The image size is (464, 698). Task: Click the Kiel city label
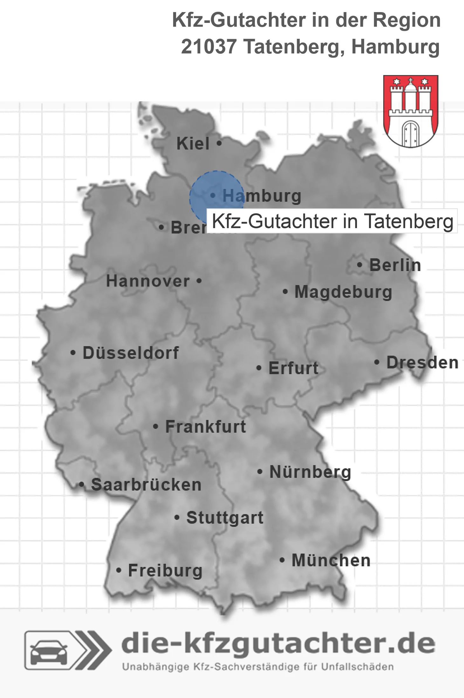(x=193, y=144)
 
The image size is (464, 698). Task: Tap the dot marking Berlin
(x=360, y=265)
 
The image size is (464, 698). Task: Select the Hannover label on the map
(x=148, y=281)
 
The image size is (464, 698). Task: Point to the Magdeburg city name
(x=343, y=292)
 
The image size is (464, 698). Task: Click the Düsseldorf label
(x=131, y=353)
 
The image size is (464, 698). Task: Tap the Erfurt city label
(x=293, y=368)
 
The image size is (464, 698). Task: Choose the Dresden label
(x=422, y=363)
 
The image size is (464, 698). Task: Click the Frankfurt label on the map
(x=206, y=427)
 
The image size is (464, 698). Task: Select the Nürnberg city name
(x=310, y=472)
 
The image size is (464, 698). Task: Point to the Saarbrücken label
(x=146, y=485)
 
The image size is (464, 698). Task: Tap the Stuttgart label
(x=225, y=518)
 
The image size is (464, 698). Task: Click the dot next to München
(x=282, y=560)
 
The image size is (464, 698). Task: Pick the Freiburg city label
(x=165, y=570)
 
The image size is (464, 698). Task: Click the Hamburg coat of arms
(x=411, y=111)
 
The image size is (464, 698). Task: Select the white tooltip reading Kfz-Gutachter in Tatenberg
(x=332, y=221)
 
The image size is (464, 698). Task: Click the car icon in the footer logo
(x=49, y=650)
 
